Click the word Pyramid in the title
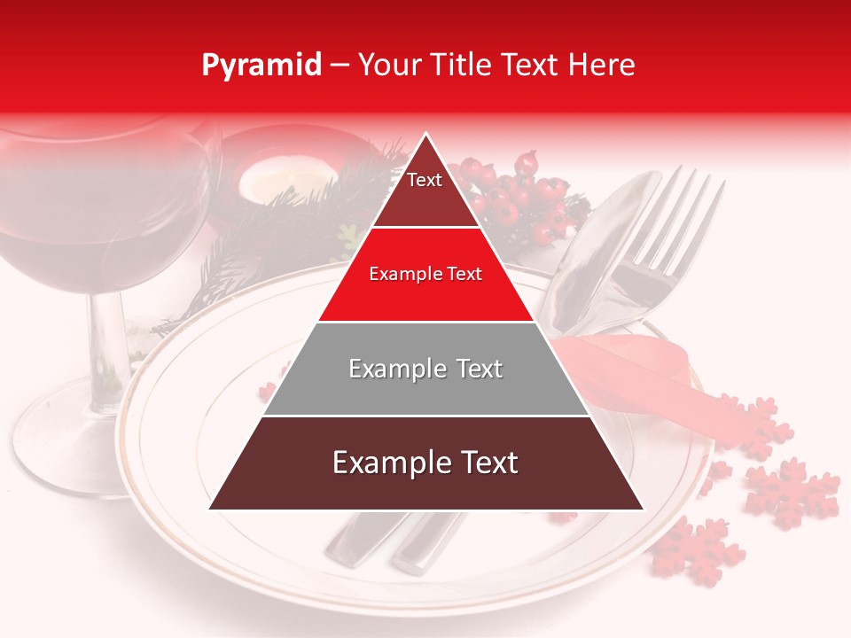click(x=261, y=65)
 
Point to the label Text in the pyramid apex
click(x=425, y=180)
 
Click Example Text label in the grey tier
click(x=425, y=369)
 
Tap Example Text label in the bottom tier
click(x=425, y=463)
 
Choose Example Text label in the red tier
click(x=425, y=274)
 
